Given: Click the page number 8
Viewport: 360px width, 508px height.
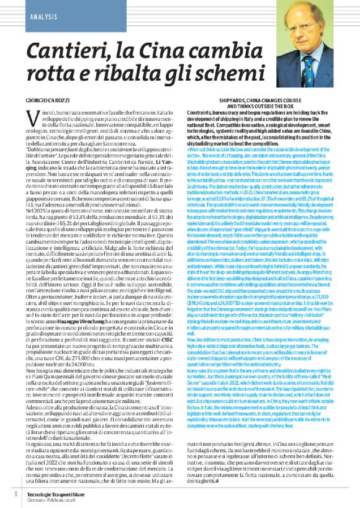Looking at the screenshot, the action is (16, 493).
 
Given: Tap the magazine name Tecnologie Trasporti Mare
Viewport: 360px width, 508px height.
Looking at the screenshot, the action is (58, 491).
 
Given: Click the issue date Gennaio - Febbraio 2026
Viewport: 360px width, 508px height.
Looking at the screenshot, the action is (54, 497).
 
